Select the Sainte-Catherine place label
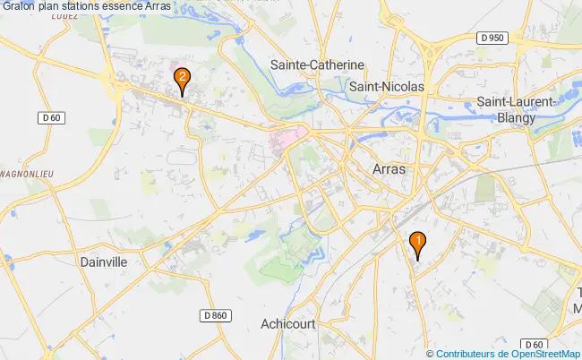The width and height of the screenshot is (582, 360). point(317,65)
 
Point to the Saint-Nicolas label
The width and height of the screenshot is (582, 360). point(386,86)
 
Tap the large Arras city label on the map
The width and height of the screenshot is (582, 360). point(387,168)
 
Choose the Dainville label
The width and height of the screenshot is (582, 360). point(104,262)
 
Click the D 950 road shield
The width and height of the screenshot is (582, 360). point(492,38)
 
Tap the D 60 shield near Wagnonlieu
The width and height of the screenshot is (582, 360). point(52,118)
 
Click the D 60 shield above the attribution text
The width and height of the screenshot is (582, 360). point(535,344)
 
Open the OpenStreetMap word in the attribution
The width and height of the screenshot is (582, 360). point(543,355)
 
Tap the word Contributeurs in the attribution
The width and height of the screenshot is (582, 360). point(464,355)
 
